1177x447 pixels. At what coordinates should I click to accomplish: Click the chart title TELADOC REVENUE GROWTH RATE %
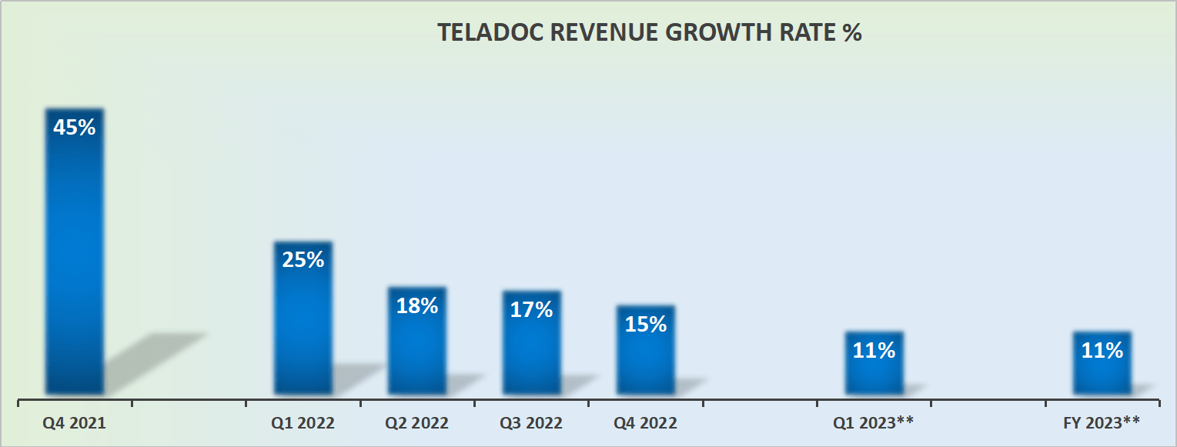649,33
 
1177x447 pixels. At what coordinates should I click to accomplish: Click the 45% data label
74,127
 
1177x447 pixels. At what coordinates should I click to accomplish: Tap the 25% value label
303,260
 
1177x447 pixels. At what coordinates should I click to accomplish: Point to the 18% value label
416,305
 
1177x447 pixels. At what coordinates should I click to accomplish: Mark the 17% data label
531,309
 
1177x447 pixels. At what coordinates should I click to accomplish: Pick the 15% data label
645,324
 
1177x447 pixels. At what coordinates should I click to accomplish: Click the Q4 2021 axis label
74,423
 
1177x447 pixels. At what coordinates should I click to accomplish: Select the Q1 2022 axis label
303,423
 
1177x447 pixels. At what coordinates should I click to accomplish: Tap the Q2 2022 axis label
416,423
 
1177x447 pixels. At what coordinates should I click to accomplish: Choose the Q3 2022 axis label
530,423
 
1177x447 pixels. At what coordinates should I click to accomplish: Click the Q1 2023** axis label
873,423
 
